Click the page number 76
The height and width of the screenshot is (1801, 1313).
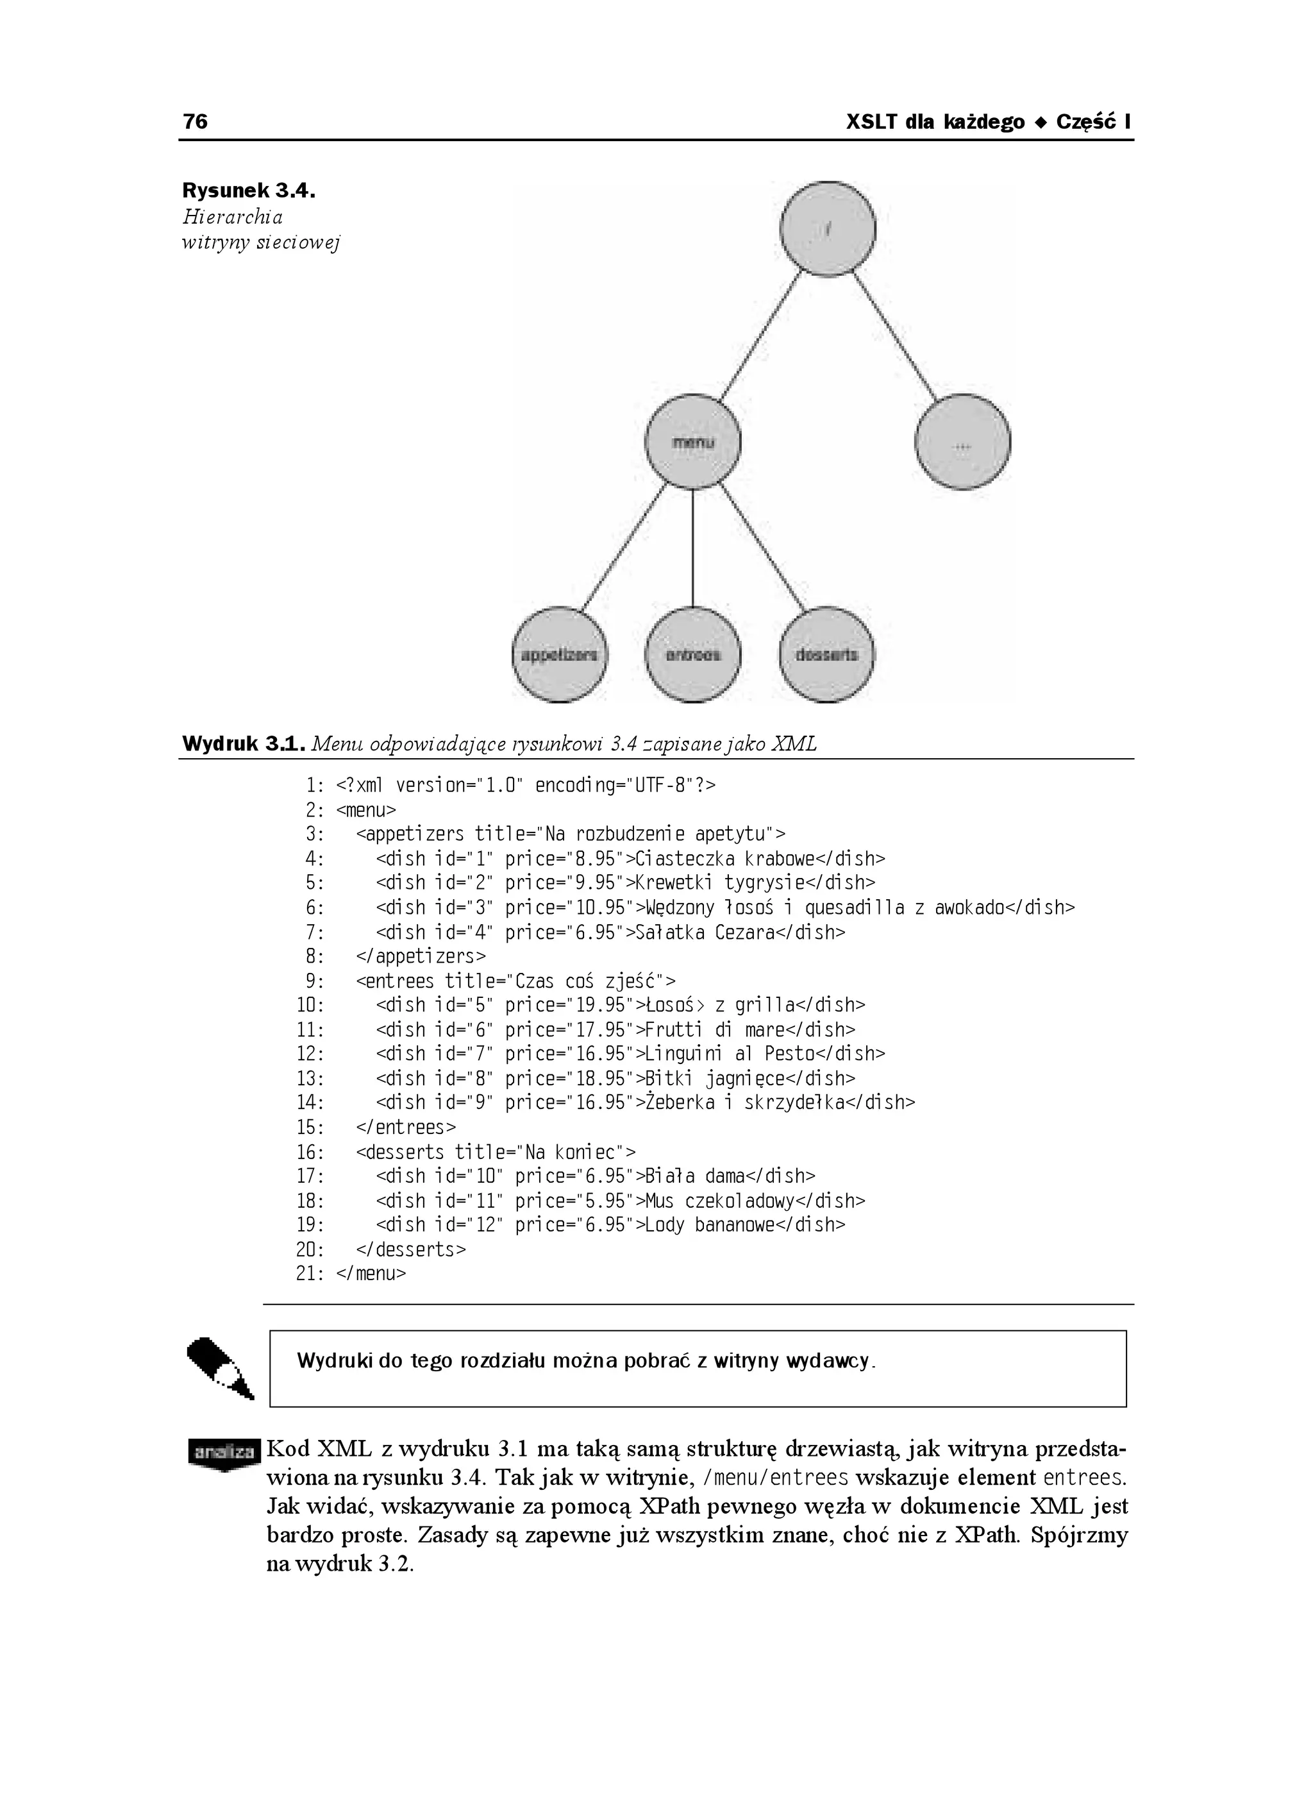click(196, 122)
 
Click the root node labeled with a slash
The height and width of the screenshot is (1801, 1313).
click(828, 229)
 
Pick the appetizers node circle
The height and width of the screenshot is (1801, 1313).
click(560, 654)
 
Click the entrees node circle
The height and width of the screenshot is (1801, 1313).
click(693, 654)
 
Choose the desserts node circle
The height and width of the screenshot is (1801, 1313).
click(826, 654)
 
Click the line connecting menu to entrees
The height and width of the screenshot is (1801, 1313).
click(693, 548)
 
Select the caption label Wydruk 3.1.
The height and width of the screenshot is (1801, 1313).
click(243, 744)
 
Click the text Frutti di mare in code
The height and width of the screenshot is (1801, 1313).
click(705, 1029)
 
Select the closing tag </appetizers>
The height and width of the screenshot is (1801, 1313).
click(421, 956)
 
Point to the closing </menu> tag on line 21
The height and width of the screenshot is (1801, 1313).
click(371, 1274)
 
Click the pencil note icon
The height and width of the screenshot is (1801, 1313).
click(220, 1369)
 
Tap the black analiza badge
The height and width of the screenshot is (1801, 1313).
click(224, 1452)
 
